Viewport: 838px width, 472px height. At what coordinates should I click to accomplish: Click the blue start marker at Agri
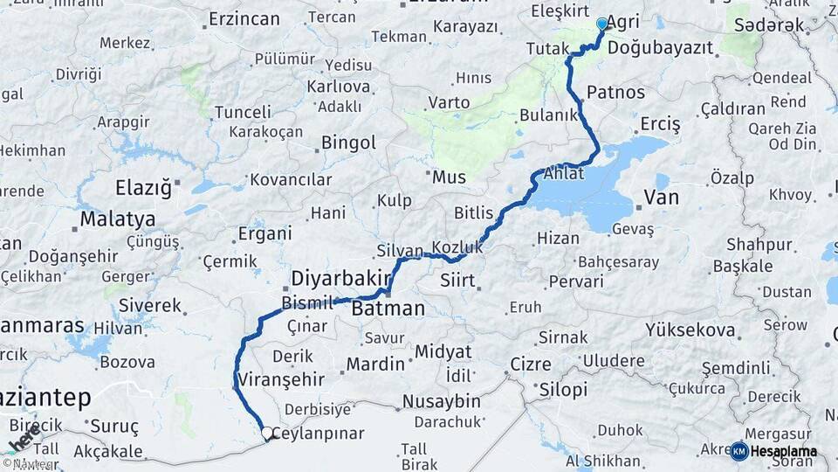601,24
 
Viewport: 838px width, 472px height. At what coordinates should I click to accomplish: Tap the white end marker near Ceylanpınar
266,433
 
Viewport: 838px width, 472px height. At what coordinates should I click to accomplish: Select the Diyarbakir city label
340,278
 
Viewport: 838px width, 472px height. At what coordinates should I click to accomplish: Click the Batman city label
388,309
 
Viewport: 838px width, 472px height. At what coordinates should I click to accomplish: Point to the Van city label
661,198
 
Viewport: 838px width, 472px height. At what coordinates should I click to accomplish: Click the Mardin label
375,364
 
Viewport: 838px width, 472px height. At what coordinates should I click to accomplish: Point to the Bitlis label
474,212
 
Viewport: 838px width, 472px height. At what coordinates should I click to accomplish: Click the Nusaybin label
441,401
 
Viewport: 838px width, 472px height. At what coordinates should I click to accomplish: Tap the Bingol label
348,142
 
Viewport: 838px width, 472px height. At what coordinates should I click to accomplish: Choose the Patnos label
615,92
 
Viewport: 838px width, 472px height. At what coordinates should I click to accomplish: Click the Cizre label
529,364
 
